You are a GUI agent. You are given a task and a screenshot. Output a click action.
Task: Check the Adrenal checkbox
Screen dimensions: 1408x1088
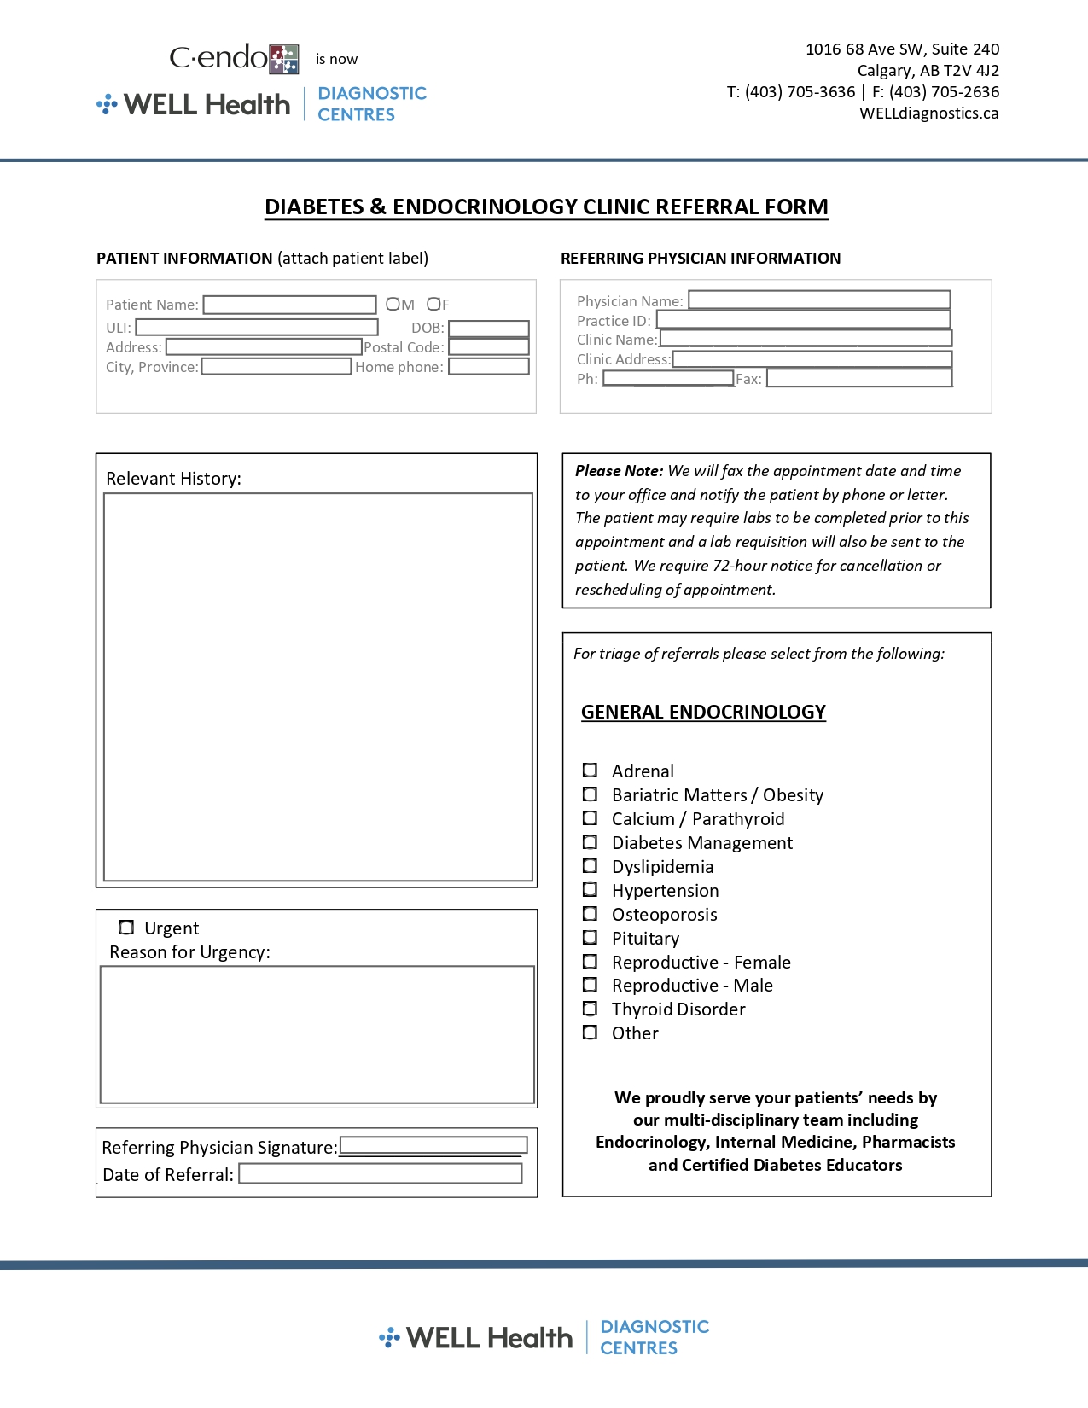coord(590,771)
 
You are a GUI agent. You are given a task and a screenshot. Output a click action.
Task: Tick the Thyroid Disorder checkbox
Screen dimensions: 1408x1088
coord(590,1009)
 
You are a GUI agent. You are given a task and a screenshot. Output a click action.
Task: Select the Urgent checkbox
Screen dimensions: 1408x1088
coord(127,928)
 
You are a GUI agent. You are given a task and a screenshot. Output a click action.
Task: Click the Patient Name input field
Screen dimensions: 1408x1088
coord(289,305)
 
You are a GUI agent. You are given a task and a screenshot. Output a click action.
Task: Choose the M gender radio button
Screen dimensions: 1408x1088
coord(393,304)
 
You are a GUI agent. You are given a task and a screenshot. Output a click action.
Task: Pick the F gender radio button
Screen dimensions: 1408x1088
coord(433,304)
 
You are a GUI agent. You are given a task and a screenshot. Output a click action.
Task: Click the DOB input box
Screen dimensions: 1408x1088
coord(488,329)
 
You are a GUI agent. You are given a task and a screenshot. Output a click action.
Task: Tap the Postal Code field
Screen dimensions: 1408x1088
coord(488,347)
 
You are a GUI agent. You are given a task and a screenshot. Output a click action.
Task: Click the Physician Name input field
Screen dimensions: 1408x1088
coord(818,300)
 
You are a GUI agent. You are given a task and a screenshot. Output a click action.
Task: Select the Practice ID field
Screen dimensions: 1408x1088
coord(802,319)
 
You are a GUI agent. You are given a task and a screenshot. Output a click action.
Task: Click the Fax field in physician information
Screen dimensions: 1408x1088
coord(858,378)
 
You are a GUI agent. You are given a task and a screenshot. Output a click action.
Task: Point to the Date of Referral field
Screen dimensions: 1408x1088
coord(380,1174)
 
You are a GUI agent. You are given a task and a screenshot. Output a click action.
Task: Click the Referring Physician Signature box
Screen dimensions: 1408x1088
coord(433,1146)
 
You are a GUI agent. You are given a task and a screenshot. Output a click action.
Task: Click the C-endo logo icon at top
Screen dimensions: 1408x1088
coord(284,59)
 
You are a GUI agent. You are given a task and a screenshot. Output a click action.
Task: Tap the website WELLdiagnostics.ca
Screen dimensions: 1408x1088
coord(928,113)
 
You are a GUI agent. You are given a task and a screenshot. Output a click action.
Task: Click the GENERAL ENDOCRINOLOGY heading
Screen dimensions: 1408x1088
coord(703,712)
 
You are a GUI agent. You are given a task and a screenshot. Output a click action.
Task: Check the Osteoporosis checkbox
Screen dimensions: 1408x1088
coord(590,914)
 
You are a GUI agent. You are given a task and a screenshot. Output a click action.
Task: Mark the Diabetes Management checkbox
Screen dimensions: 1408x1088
coord(590,842)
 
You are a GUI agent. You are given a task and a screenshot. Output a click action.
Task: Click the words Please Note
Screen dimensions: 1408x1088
coord(619,471)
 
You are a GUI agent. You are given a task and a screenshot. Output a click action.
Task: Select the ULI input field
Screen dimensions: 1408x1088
coord(256,328)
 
